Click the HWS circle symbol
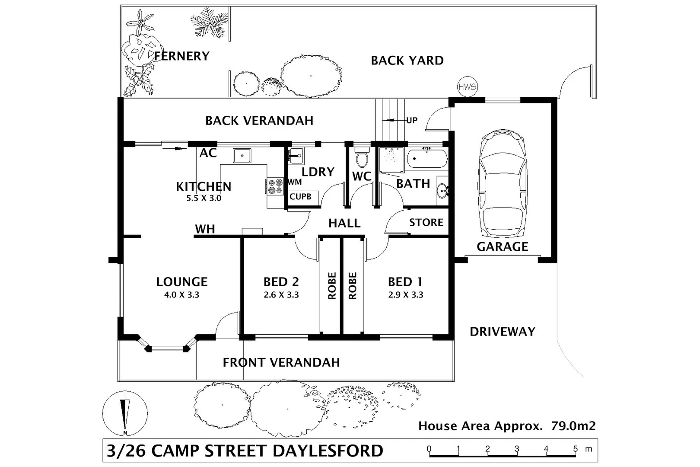coord(467,86)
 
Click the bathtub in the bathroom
coord(427,158)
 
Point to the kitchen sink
coord(242,156)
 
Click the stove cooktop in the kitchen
coord(275,186)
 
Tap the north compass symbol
coord(125,413)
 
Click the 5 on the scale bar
coord(575,449)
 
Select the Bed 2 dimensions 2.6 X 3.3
coord(281,294)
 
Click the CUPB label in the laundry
coord(300,197)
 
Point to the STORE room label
coord(426,222)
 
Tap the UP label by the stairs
coord(412,120)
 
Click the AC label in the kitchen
coord(208,153)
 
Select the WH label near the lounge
coord(205,229)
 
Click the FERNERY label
coord(181,56)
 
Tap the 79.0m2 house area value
coord(573,426)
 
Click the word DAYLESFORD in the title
coord(328,451)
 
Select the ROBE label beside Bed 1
coord(353,286)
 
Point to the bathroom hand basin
coord(442,191)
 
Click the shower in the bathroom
coord(391,160)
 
